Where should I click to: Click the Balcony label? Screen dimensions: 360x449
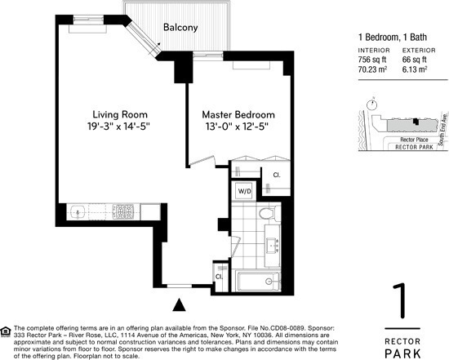click(180, 27)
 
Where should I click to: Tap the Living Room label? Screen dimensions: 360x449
click(119, 114)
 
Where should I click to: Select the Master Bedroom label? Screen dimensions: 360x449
click(238, 114)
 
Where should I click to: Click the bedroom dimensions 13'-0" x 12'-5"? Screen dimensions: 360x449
click(238, 128)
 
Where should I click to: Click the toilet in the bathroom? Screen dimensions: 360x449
click(266, 214)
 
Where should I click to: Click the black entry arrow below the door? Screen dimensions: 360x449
click(181, 306)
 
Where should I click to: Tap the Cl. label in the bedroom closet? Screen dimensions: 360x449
click(277, 175)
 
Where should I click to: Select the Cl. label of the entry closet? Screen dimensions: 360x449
click(220, 276)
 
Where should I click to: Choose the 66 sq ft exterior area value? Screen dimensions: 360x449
click(417, 60)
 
